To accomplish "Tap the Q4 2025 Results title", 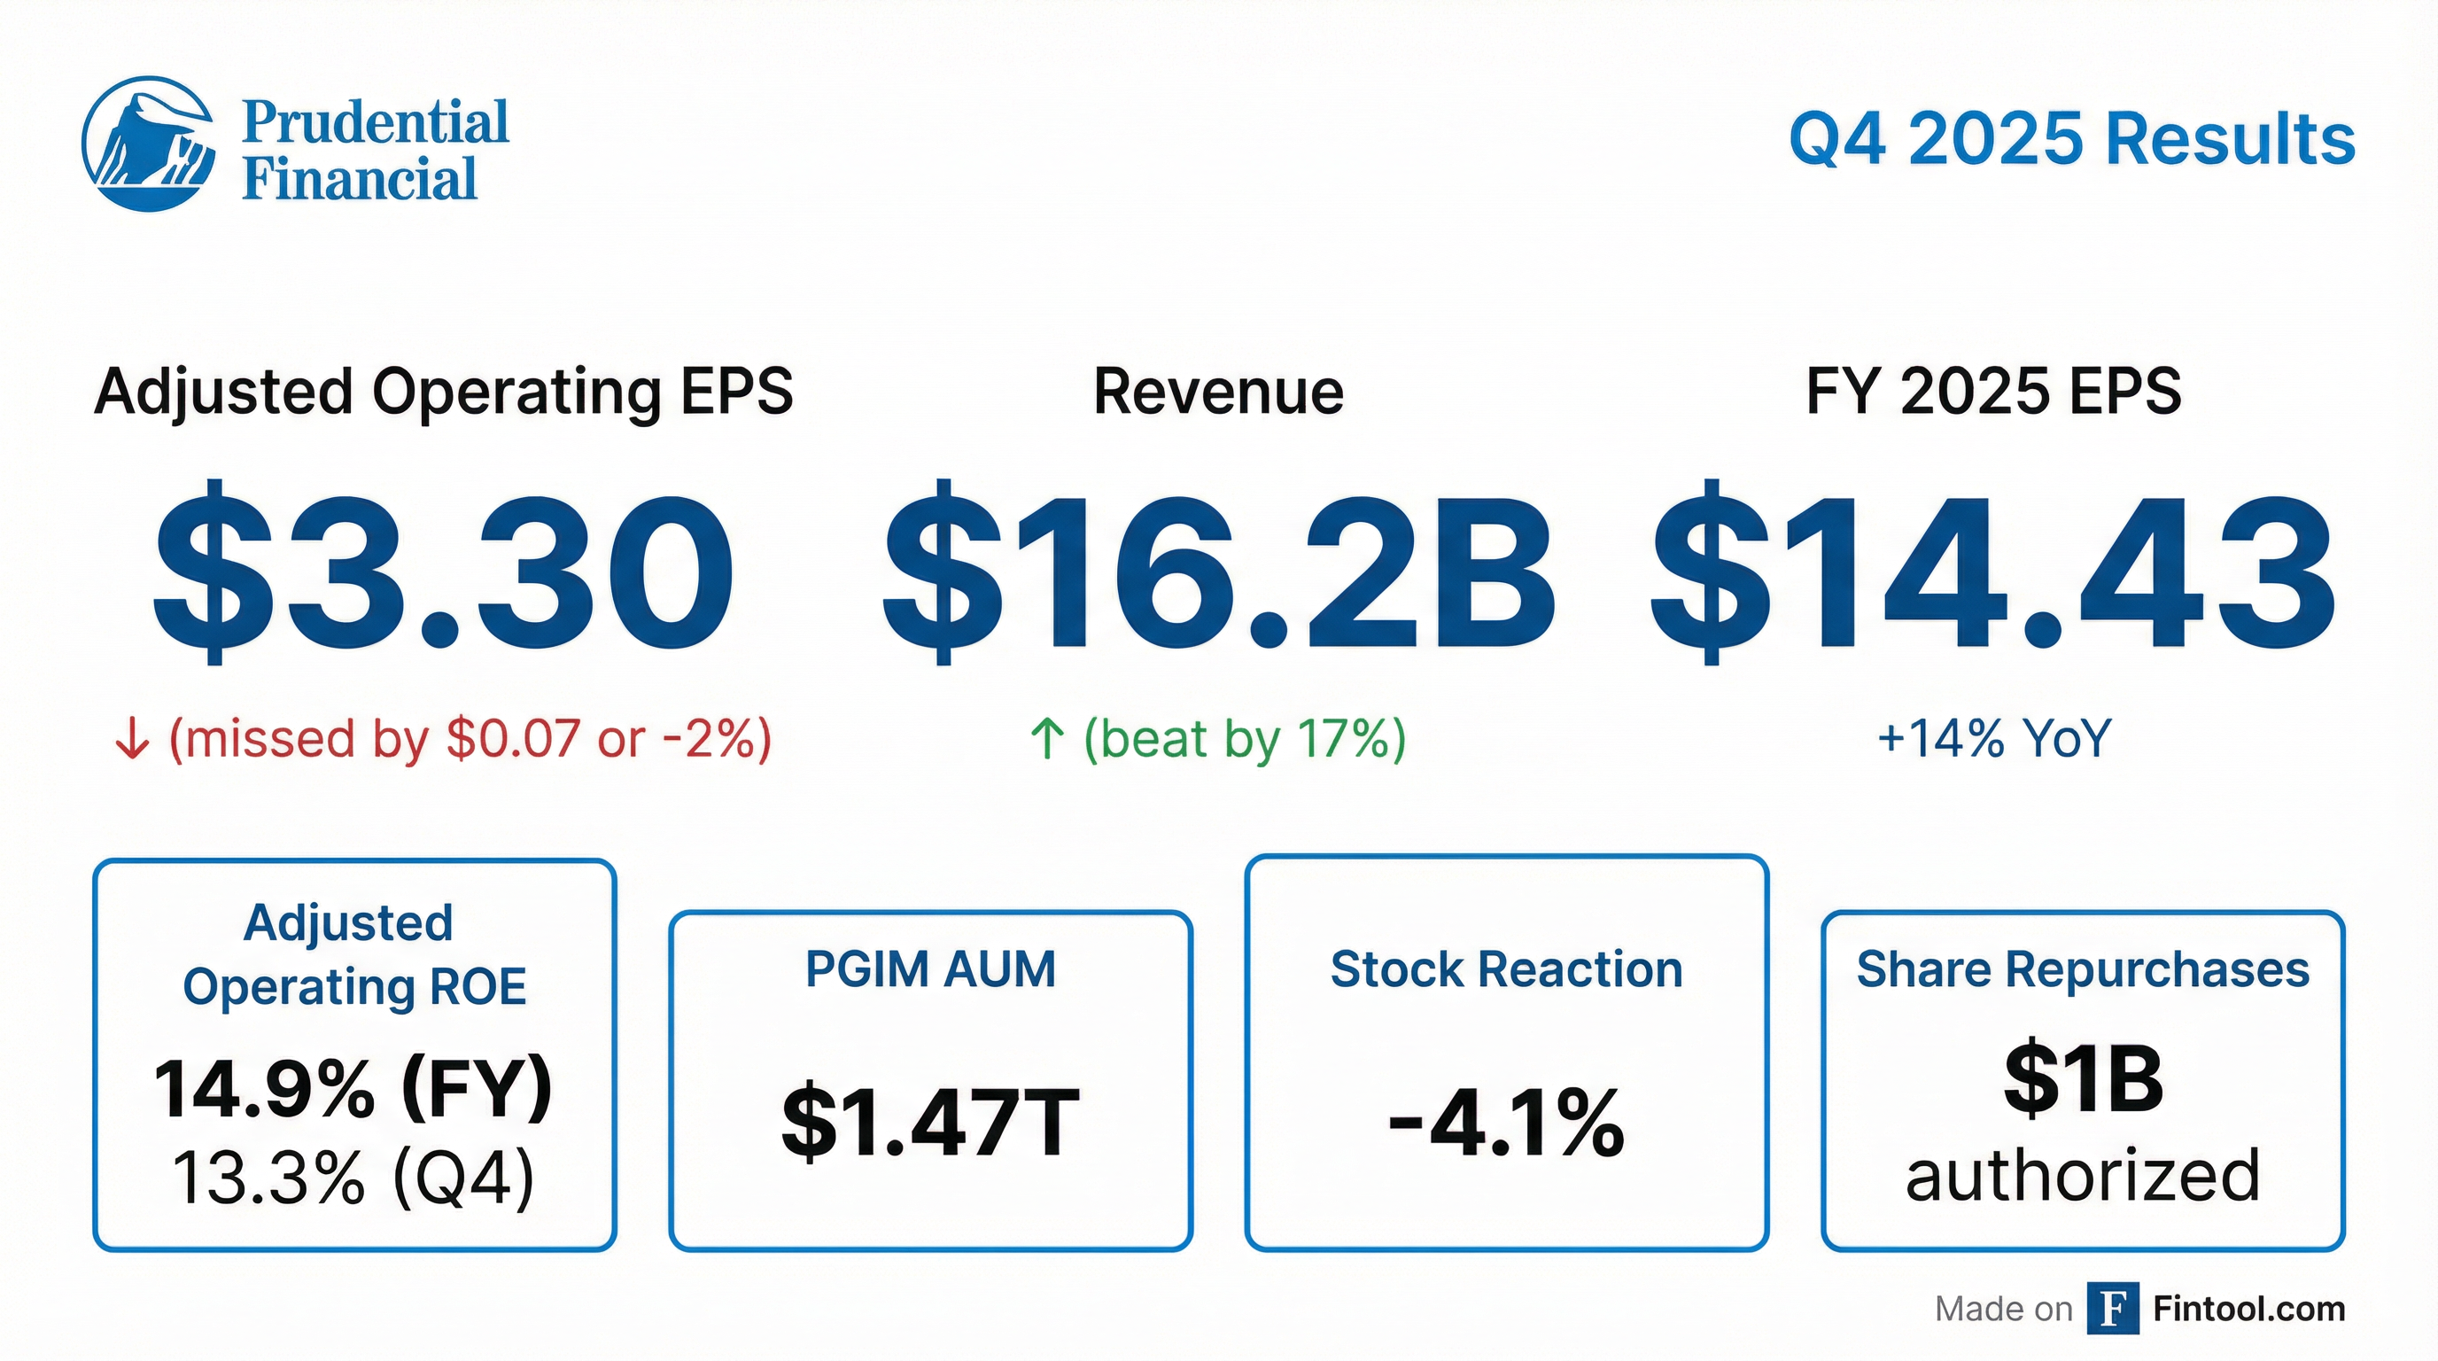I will coord(2070,139).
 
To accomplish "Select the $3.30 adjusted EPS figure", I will coord(443,572).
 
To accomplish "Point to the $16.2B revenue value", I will coord(1218,572).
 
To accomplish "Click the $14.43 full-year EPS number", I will coord(1993,572).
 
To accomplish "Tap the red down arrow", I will coord(131,739).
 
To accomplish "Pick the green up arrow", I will coord(1047,739).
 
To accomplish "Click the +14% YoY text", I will coord(1994,739).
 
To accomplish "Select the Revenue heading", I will coord(1218,392).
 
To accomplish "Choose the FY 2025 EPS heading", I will coord(1993,392).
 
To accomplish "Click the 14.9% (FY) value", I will coord(353,1089).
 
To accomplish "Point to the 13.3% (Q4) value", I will coord(353,1178).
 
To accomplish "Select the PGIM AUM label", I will coord(930,969).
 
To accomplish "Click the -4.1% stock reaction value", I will coord(1506,1124).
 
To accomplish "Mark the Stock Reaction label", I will coord(1506,969).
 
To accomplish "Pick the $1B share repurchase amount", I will coord(2083,1080).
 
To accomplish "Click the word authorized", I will coord(2083,1177).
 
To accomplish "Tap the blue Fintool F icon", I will coord(2112,1309).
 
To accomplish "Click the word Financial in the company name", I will coord(360,180).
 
